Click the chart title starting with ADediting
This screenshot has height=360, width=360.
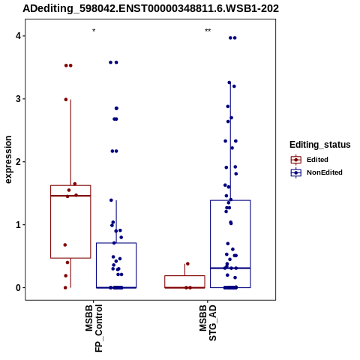pyautogui.click(x=151, y=8)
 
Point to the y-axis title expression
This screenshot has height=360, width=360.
pyautogui.click(x=8, y=160)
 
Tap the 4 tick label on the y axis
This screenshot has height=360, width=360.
pyautogui.click(x=18, y=36)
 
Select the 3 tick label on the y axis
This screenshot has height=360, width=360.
pyautogui.click(x=18, y=99)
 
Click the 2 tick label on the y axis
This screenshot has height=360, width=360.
pyautogui.click(x=18, y=162)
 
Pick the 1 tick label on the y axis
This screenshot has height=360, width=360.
pyautogui.click(x=18, y=225)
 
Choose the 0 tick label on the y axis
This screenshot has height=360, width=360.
pyautogui.click(x=18, y=288)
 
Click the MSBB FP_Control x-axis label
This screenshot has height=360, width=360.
pyautogui.click(x=94, y=328)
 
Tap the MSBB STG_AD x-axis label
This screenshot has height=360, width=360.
pyautogui.click(x=208, y=322)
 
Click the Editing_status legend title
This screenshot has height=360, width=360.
pyautogui.click(x=319, y=145)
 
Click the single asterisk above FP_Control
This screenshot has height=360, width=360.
pyautogui.click(x=94, y=31)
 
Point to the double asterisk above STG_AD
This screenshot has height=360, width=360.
pyautogui.click(x=208, y=31)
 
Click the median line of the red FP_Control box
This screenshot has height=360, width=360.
pyautogui.click(x=70, y=196)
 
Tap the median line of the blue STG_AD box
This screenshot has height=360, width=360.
pyautogui.click(x=230, y=268)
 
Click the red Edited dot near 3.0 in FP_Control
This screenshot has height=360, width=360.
pyautogui.click(x=66, y=100)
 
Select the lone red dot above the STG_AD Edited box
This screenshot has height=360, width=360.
pyautogui.click(x=187, y=264)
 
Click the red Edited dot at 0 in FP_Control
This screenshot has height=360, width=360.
pyautogui.click(x=65, y=288)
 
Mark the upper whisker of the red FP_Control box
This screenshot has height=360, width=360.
pyautogui.click(x=70, y=142)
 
